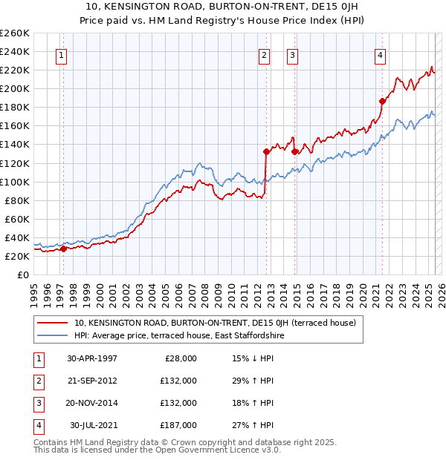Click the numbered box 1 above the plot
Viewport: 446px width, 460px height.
point(62,54)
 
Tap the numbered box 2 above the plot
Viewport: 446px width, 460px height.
point(265,54)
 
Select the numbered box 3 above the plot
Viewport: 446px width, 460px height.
point(292,54)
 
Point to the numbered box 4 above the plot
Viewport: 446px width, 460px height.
point(380,54)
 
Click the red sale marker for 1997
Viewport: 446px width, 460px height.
point(63,249)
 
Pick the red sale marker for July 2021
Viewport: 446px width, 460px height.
point(382,101)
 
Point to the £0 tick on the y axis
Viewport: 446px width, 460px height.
point(22,275)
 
